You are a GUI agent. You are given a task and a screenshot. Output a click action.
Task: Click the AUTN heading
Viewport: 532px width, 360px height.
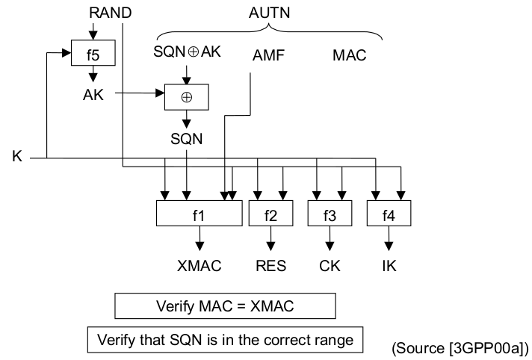click(269, 12)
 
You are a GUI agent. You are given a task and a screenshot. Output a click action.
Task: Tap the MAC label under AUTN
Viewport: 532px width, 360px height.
click(349, 55)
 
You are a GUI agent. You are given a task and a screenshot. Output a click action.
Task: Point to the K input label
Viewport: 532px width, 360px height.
click(16, 158)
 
